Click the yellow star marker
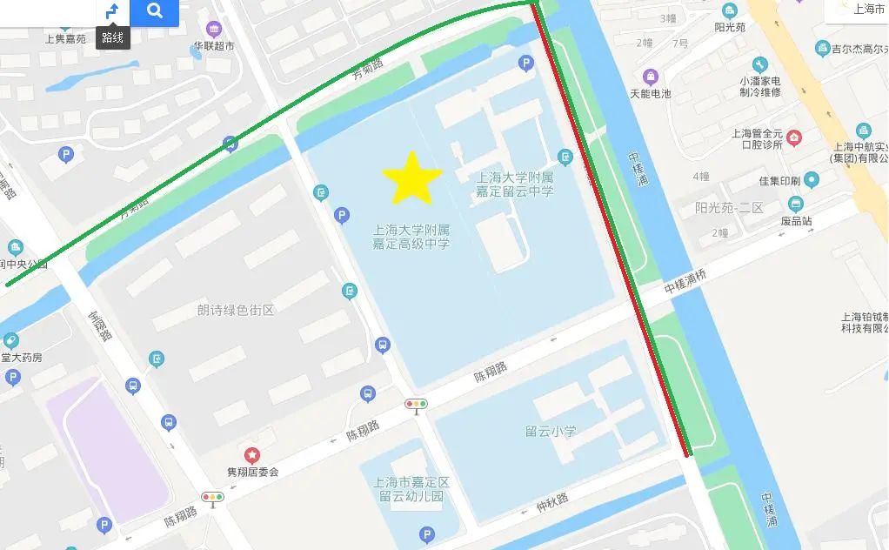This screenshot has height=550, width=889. (412, 178)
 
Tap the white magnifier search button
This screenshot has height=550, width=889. (155, 11)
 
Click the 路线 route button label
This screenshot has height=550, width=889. (112, 37)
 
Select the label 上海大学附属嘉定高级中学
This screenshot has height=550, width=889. (411, 237)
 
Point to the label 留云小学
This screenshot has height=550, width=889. (551, 431)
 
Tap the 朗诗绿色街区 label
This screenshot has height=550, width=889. (235, 310)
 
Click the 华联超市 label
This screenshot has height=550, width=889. (213, 45)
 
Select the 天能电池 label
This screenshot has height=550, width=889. (650, 93)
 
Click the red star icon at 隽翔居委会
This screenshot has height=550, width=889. (252, 454)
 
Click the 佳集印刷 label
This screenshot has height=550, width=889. (779, 181)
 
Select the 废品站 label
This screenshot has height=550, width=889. (795, 221)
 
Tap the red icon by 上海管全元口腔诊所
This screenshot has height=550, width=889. (794, 137)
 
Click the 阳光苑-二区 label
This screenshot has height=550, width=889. (729, 208)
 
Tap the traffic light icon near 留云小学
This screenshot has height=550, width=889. (417, 404)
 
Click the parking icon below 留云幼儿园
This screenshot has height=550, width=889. (426, 535)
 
